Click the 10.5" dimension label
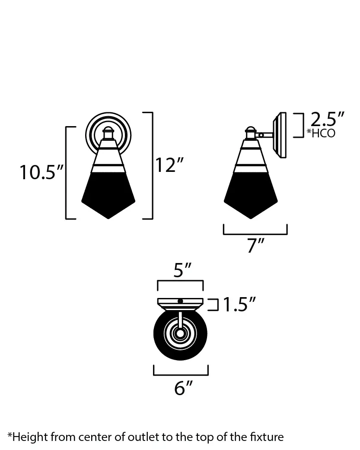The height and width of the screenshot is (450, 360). click(41, 172)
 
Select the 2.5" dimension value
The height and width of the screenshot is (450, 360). click(327, 119)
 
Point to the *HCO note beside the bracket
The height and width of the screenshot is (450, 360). click(321, 133)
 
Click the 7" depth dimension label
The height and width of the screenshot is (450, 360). click(256, 245)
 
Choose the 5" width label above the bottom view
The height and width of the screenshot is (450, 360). click(182, 270)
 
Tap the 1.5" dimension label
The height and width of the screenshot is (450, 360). click(239, 304)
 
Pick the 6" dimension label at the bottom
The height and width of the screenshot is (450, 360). click(183, 388)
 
